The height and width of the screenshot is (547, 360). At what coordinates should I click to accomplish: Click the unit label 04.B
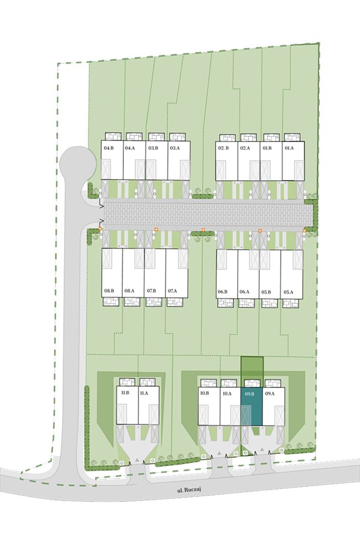click(108, 148)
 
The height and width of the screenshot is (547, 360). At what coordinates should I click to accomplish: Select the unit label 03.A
click(175, 148)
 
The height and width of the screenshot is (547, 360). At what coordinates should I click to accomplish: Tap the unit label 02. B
click(223, 148)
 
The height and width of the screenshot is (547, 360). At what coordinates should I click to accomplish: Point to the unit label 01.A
click(289, 148)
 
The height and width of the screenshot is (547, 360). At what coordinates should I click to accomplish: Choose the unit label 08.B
click(109, 291)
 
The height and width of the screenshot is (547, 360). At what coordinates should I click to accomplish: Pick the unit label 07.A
click(172, 291)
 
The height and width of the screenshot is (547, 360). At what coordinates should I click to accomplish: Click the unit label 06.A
click(244, 292)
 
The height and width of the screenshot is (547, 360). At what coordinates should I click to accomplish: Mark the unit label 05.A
click(289, 292)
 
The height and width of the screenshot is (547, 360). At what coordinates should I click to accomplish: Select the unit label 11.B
click(125, 393)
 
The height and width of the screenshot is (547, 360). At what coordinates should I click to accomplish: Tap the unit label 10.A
click(227, 393)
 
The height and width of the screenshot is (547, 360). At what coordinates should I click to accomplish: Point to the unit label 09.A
click(269, 393)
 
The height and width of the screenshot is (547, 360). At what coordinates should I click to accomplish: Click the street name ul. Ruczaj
click(189, 490)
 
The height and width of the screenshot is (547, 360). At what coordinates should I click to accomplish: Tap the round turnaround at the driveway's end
click(78, 162)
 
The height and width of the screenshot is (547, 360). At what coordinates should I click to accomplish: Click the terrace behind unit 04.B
click(113, 136)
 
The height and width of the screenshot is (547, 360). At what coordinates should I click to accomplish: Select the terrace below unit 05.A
click(290, 303)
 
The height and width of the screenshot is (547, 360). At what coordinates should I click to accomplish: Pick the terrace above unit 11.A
click(147, 382)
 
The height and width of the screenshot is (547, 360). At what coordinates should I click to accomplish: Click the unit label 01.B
click(267, 148)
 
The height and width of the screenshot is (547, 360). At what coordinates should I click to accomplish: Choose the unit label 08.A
click(129, 291)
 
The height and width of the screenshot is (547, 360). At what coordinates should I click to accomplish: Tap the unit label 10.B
click(205, 393)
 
